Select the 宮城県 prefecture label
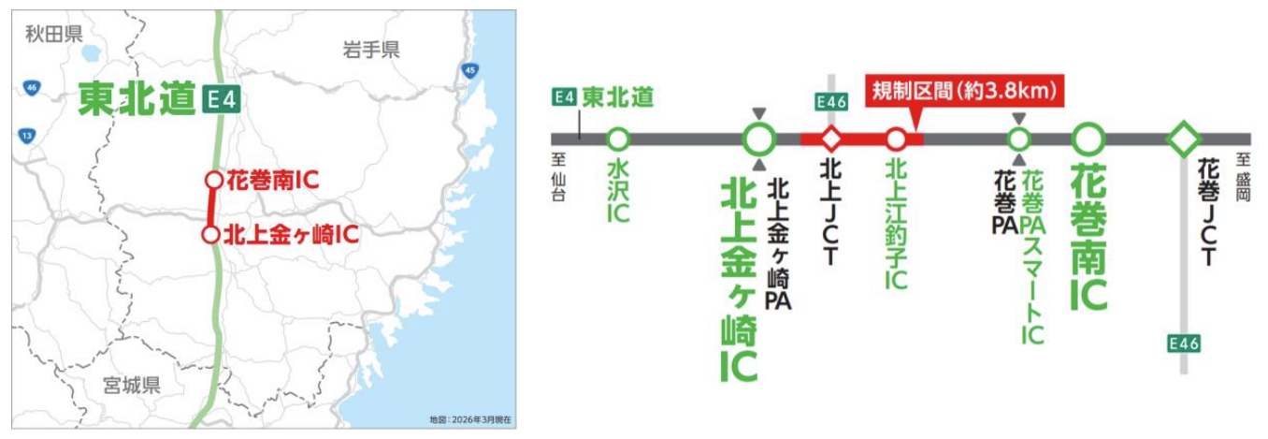coord(132,384)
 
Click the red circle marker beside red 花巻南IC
coord(214,180)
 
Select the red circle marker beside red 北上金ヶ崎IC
coord(212,234)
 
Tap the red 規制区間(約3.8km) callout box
coord(964,92)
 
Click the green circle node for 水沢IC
coord(617,139)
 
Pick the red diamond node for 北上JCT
coord(831,139)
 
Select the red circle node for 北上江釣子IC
coord(895,139)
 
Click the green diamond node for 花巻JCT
coord(1184,139)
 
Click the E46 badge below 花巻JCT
coord(1184,344)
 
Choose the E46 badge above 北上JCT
coord(831,101)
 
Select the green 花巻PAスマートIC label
coord(1032,258)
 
